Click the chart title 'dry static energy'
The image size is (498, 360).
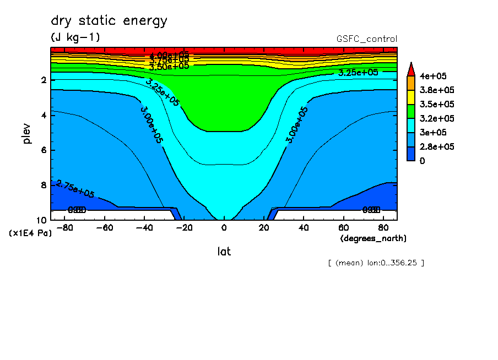coord(109,21)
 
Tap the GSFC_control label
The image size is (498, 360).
coord(366,39)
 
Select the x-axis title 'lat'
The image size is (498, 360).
coord(224,252)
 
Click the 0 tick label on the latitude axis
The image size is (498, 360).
coord(224,227)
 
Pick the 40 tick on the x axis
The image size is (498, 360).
coord(303,227)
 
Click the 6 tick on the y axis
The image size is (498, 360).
coord(44,150)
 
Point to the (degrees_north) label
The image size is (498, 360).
coord(373,238)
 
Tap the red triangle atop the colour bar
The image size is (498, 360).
coord(411,69)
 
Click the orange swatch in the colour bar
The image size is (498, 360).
coord(411,83)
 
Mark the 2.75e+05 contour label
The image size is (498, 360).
coord(75,189)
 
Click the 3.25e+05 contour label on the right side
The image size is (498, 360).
coord(358,73)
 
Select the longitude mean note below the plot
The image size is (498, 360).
coord(376,263)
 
